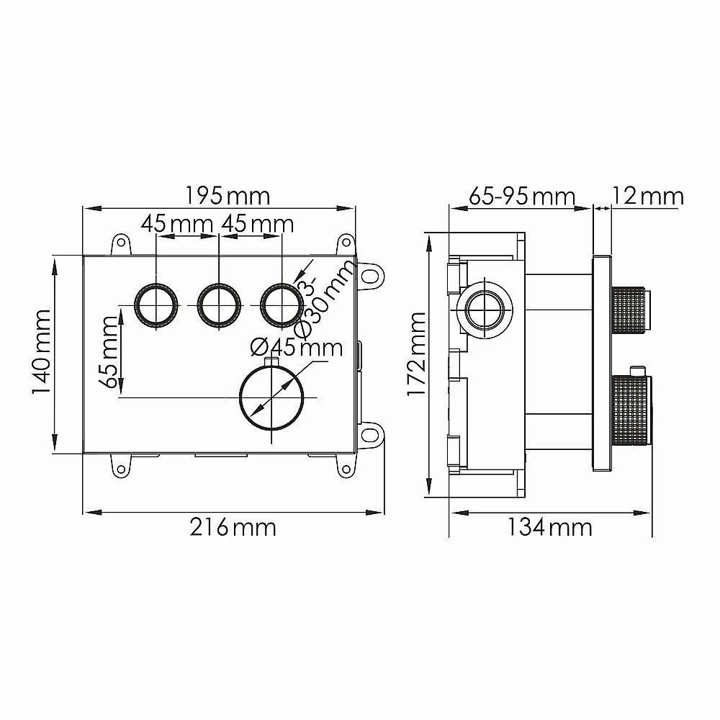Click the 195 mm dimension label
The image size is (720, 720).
tap(227, 195)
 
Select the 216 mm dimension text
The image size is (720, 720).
tap(232, 527)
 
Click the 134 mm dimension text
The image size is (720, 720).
tap(549, 527)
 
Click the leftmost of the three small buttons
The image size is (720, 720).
tap(156, 305)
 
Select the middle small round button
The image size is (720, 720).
tap(218, 305)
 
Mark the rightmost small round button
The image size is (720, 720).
tap(281, 305)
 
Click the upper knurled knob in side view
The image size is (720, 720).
tap(631, 307)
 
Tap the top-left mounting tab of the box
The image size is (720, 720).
tap(121, 245)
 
